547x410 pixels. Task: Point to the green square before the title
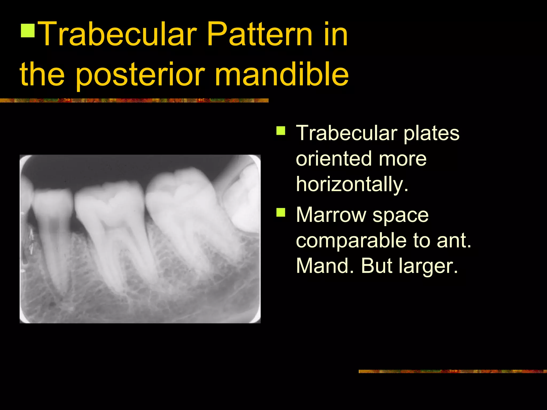point(28,30)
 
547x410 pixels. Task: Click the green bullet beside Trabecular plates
point(281,131)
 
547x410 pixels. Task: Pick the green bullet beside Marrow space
point(281,213)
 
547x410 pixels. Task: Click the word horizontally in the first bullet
point(352,184)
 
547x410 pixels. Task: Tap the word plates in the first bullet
point(431,133)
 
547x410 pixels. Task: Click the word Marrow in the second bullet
point(331,215)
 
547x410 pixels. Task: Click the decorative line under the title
point(134,101)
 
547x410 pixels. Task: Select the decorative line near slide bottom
point(452,371)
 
